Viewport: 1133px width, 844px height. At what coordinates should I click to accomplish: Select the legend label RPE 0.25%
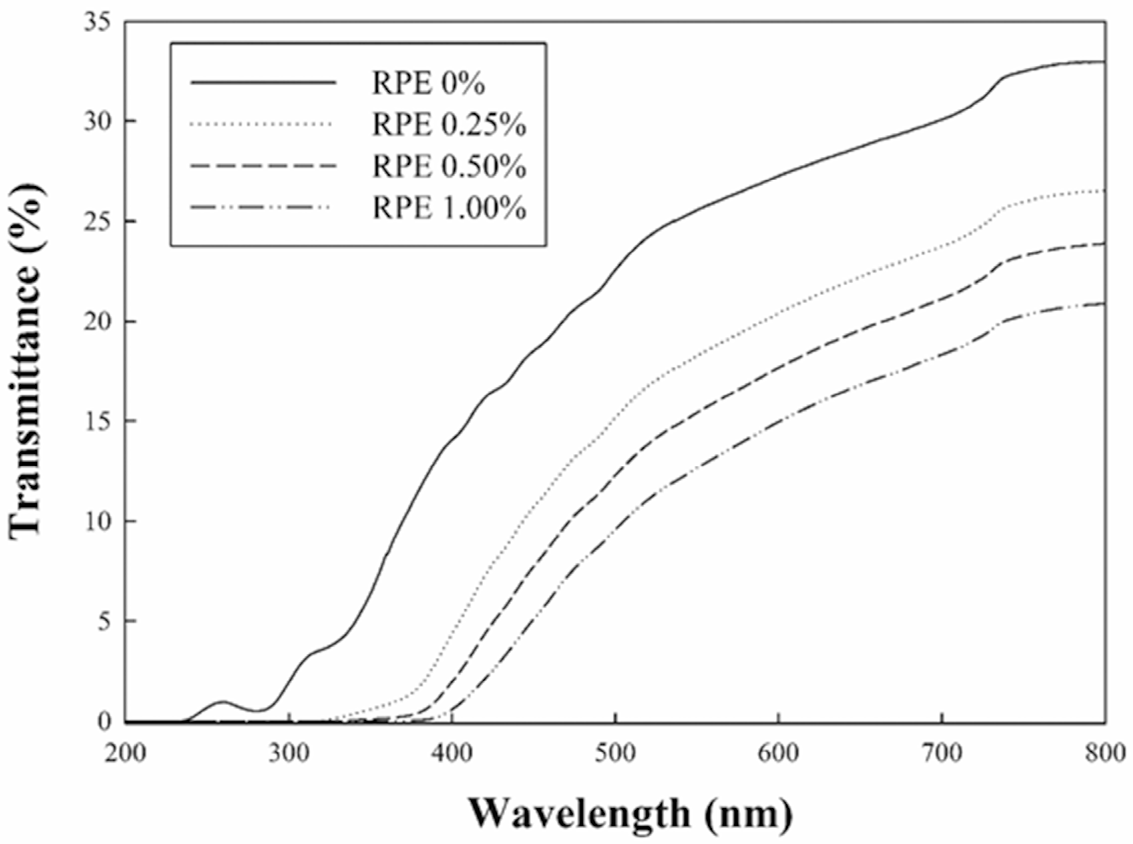(x=449, y=125)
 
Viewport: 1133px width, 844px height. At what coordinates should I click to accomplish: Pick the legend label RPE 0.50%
(x=449, y=167)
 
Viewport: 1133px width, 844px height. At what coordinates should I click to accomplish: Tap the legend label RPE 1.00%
(x=449, y=208)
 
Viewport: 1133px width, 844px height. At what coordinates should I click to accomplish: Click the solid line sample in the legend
(x=264, y=83)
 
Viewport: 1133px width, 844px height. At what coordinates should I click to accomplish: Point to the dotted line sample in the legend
(x=264, y=124)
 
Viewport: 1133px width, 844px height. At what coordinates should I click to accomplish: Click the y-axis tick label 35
(x=98, y=23)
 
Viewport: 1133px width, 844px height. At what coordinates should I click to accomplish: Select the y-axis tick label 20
(x=98, y=323)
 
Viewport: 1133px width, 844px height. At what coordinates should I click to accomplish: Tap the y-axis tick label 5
(x=105, y=622)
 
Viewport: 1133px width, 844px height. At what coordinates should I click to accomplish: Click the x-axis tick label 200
(x=125, y=753)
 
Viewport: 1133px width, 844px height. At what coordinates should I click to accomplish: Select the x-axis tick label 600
(x=779, y=753)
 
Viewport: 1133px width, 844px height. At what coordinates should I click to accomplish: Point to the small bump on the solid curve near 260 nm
(x=222, y=702)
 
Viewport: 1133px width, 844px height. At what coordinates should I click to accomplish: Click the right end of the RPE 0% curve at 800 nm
(x=1104, y=76)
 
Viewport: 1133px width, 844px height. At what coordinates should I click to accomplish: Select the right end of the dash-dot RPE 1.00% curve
(x=1104, y=304)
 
